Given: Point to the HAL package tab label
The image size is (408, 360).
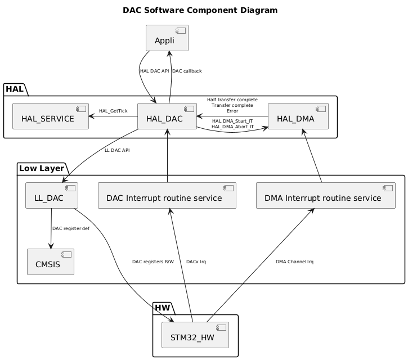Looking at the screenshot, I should coord(15,88).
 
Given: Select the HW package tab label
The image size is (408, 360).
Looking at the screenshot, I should coord(163,308).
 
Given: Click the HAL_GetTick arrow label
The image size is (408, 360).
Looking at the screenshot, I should coord(113,111).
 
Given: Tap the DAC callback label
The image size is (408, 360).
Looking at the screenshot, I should coord(187,71).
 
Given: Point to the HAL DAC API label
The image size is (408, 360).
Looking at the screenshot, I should coord(154,71).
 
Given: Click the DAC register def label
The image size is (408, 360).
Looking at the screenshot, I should coord(70,228).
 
